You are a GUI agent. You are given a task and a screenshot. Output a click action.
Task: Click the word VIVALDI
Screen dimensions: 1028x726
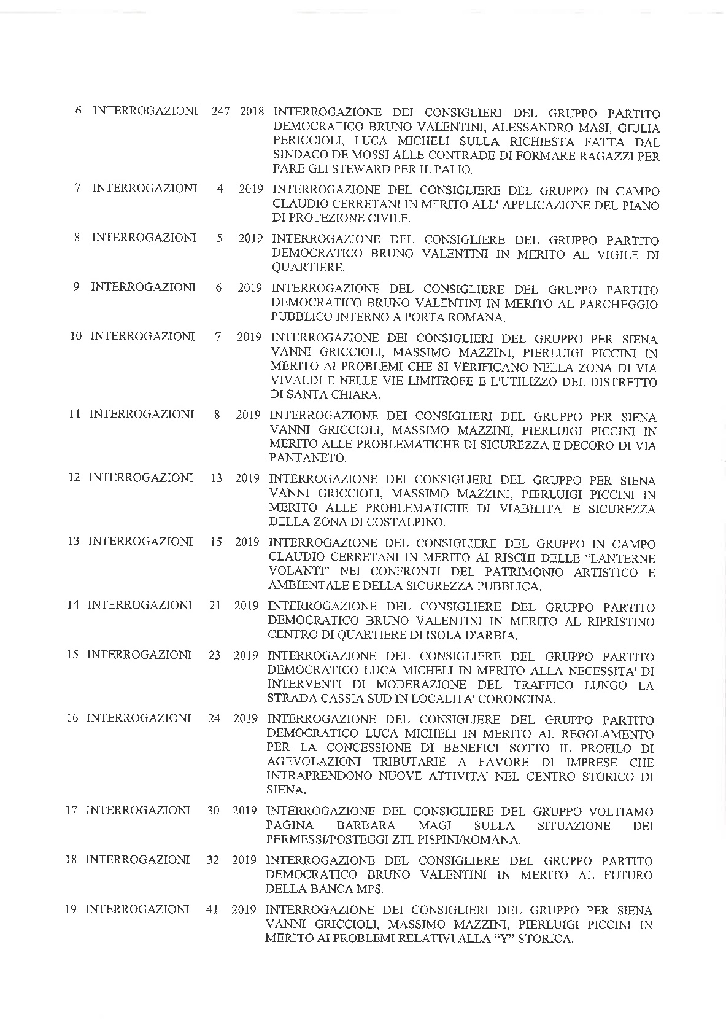[293, 381]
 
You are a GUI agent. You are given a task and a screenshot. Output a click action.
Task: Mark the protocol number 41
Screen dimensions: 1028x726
[213, 909]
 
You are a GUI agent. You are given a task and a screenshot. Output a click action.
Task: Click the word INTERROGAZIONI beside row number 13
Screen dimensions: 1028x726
[140, 541]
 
